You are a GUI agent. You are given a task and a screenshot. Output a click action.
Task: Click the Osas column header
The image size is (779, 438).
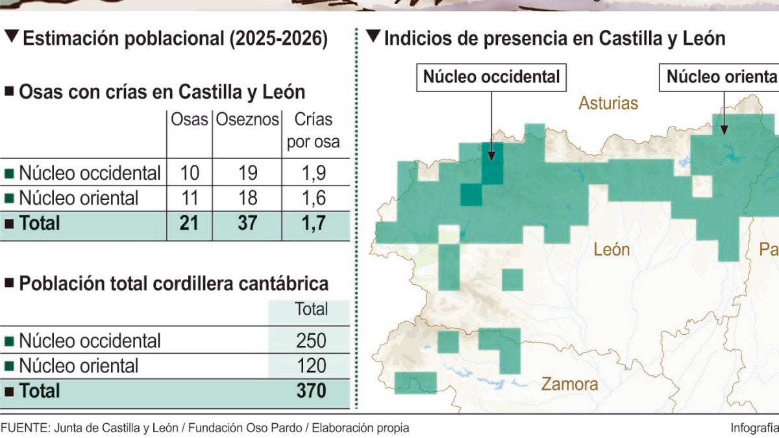[189, 119]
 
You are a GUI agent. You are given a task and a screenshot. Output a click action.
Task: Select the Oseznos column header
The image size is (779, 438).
[247, 119]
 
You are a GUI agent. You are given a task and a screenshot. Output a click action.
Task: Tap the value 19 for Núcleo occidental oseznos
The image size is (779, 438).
[247, 173]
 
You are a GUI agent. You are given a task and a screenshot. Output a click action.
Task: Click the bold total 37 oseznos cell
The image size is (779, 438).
[247, 223]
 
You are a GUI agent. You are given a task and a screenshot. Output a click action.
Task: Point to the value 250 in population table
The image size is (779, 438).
[311, 340]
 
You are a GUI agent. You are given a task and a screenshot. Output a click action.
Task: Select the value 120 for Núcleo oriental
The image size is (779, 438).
[311, 366]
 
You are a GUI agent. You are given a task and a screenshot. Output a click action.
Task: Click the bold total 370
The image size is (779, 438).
[311, 391]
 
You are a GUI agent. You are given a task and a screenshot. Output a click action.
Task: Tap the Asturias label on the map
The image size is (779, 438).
[608, 103]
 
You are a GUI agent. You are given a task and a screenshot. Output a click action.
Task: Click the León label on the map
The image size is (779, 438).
[612, 250]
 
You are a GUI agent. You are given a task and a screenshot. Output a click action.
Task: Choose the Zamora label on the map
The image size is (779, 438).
[570, 384]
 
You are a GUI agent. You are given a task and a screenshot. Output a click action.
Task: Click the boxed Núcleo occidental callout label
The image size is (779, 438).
[491, 77]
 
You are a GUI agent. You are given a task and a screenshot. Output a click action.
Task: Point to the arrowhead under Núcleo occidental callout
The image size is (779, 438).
[491, 156]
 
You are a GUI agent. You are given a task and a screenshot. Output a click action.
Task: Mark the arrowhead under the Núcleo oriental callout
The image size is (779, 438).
[724, 129]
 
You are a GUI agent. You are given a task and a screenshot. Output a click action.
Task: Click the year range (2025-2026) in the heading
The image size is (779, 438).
[278, 38]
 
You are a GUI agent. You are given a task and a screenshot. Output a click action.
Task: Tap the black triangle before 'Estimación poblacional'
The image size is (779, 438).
[12, 36]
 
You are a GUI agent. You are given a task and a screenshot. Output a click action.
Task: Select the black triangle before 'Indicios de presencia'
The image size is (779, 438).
[373, 36]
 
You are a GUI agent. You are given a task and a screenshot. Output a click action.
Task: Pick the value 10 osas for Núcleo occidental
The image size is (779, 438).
[190, 173]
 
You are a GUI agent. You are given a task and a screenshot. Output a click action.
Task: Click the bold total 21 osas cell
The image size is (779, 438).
[189, 223]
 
